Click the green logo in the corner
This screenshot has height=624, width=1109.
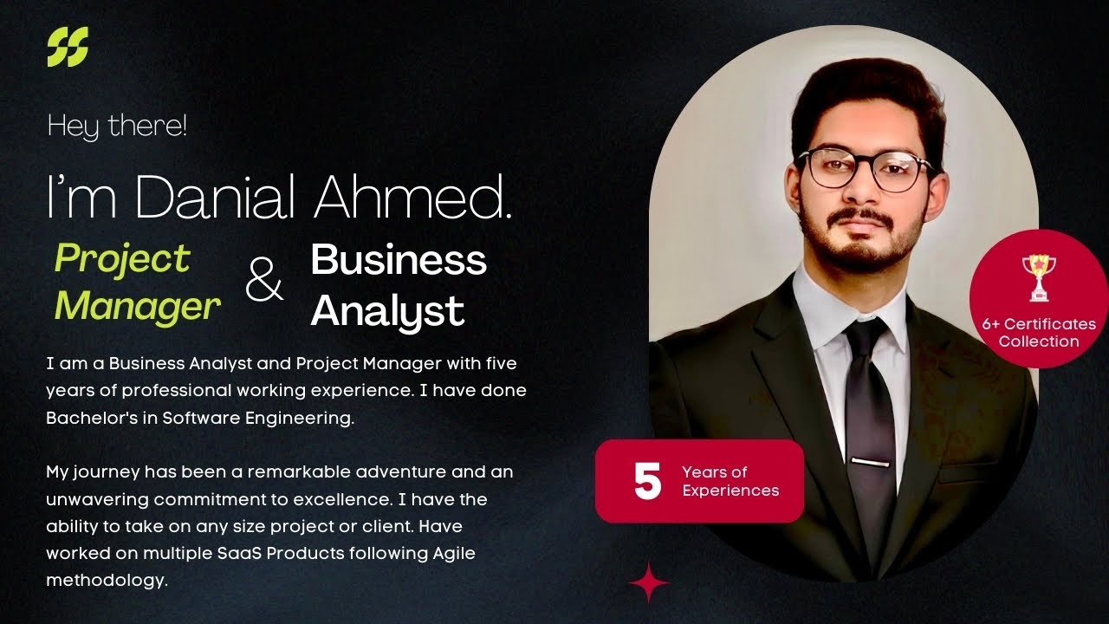(68, 47)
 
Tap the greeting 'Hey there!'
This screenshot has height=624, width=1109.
(117, 127)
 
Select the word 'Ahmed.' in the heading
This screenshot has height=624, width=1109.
(412, 198)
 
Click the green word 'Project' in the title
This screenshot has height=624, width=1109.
(122, 258)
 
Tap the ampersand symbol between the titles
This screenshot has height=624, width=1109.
(264, 283)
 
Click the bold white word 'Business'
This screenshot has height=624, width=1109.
(399, 259)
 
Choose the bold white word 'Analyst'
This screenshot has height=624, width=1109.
(387, 309)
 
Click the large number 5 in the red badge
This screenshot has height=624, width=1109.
(647, 481)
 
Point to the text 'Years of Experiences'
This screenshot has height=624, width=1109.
(730, 481)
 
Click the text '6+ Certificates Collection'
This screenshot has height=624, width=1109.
(1038, 332)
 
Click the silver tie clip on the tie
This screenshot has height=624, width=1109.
(869, 461)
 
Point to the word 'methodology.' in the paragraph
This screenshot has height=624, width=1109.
(107, 580)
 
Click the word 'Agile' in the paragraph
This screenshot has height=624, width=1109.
(450, 553)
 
